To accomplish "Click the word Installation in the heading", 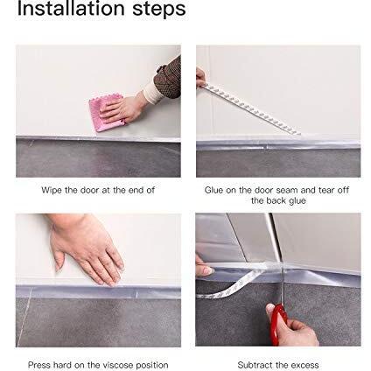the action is [71, 8].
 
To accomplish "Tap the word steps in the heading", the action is [159, 10].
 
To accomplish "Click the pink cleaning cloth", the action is [106, 112].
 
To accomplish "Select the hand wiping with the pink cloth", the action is [122, 109].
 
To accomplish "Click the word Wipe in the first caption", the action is [52, 190].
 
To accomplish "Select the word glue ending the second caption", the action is [297, 201].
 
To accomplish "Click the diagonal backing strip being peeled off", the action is [251, 109].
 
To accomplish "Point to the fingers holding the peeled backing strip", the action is [200, 77].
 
